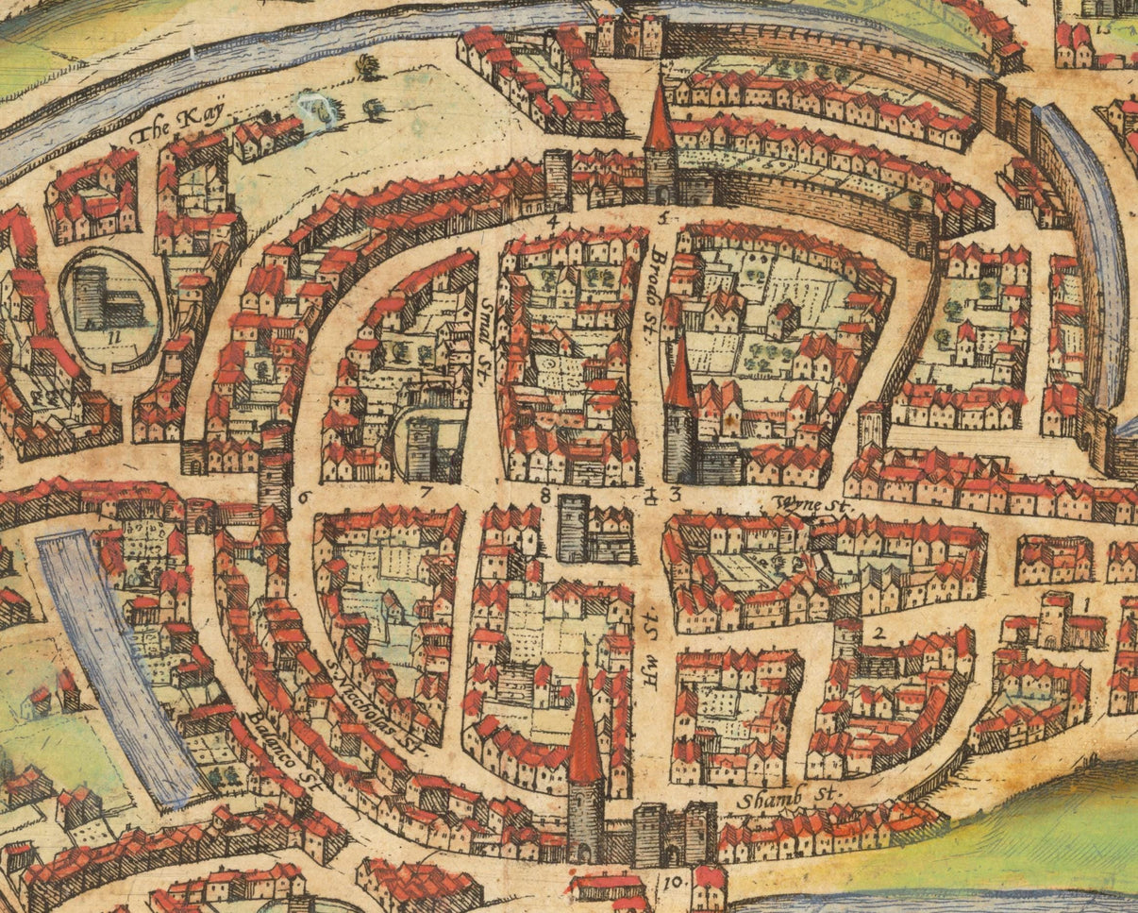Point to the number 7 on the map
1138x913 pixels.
click(426, 492)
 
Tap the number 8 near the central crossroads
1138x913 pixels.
click(545, 492)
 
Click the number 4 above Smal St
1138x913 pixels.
click(554, 222)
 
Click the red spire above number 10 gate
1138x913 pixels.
click(584, 727)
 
